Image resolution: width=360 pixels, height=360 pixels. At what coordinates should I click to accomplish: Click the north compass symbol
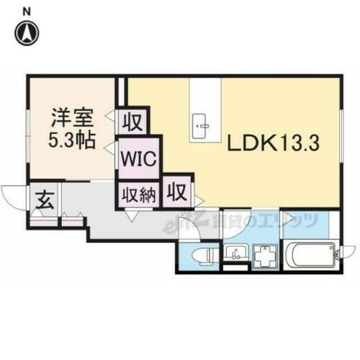click(27, 31)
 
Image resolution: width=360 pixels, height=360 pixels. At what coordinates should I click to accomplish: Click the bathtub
click(309, 256)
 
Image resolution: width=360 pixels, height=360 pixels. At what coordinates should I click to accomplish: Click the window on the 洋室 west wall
click(28, 130)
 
